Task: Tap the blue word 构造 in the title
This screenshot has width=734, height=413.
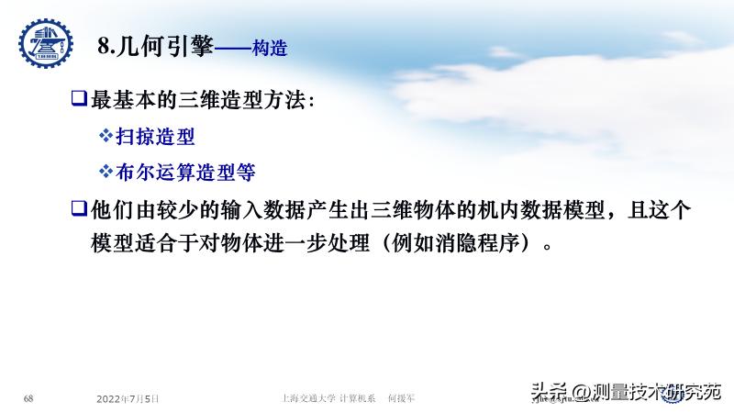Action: click(x=269, y=50)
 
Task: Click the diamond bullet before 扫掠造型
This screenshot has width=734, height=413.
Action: click(x=106, y=137)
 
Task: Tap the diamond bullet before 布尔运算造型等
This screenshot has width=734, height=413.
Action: click(x=106, y=172)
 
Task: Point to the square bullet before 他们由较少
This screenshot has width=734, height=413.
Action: click(x=79, y=210)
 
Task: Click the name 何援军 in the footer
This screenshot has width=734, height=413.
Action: click(x=402, y=399)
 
